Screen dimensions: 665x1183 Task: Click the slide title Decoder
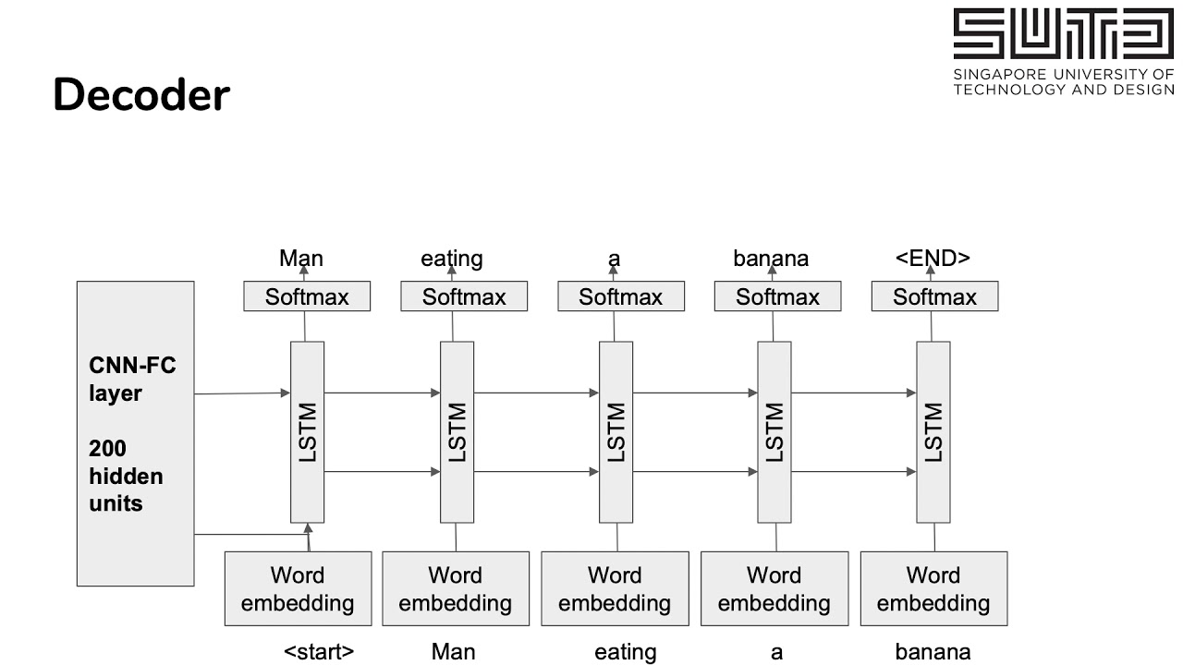click(x=140, y=95)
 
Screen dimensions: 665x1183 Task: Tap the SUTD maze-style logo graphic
click(x=1063, y=34)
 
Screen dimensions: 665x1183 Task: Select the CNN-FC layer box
click(x=135, y=433)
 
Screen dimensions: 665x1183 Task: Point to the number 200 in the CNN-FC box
click(x=107, y=449)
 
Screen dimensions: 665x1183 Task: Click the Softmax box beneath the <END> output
click(x=934, y=296)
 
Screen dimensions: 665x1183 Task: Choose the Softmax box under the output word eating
click(x=464, y=296)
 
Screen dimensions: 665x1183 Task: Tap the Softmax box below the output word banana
click(x=777, y=296)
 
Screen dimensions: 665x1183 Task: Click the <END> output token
click(x=933, y=259)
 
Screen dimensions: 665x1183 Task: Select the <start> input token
click(x=318, y=652)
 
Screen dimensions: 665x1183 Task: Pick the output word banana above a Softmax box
click(x=771, y=259)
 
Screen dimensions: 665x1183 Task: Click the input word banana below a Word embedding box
click(x=933, y=652)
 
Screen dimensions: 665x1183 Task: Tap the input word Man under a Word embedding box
click(x=453, y=652)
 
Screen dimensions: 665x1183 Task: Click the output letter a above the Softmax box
click(x=614, y=259)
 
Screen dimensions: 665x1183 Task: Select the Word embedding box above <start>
click(x=298, y=588)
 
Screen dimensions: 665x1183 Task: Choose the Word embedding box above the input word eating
click(x=615, y=588)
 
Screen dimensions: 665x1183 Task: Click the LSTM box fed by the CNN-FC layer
click(x=308, y=431)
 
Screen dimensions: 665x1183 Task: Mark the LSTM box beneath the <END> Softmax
click(x=933, y=431)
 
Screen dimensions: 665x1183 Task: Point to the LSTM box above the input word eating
click(x=616, y=431)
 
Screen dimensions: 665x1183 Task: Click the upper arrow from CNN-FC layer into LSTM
click(x=242, y=393)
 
